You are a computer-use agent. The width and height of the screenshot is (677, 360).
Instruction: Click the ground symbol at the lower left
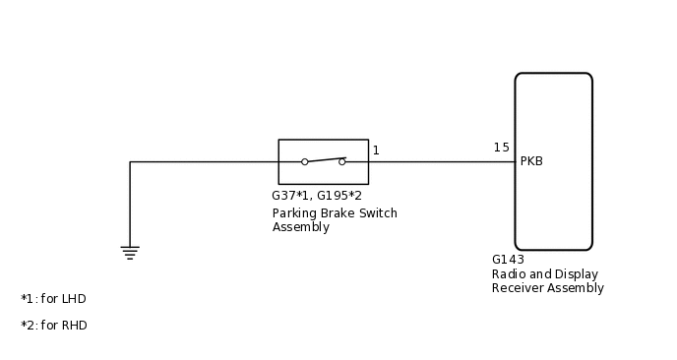click(130, 252)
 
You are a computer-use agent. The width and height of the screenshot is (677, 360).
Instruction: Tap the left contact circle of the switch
click(305, 161)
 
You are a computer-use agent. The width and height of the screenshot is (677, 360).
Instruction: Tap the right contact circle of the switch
click(342, 161)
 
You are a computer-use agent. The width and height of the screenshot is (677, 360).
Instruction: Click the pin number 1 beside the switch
click(376, 150)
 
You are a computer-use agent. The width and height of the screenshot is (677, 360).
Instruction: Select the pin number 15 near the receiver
click(502, 148)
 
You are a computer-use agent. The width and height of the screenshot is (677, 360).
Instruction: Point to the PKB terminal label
click(531, 161)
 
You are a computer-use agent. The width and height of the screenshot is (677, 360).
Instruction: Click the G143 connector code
click(508, 260)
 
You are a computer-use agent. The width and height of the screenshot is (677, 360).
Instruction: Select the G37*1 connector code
click(291, 196)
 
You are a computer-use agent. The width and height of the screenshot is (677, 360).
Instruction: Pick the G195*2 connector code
click(339, 196)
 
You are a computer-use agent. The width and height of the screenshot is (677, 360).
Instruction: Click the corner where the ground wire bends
click(130, 161)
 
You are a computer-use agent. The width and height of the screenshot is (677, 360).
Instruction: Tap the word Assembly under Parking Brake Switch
click(300, 227)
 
